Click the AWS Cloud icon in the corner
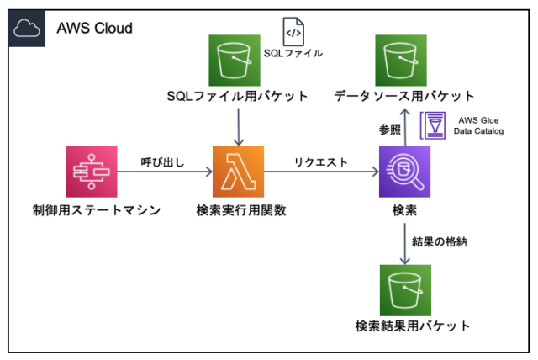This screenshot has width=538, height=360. coord(27,28)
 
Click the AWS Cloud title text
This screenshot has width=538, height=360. coord(94,28)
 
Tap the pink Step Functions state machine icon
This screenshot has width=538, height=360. coord(90,172)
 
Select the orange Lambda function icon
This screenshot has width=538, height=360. coord(238,172)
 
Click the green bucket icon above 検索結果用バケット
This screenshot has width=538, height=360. coord(405,290)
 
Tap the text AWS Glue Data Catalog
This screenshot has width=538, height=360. coord(480,125)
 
